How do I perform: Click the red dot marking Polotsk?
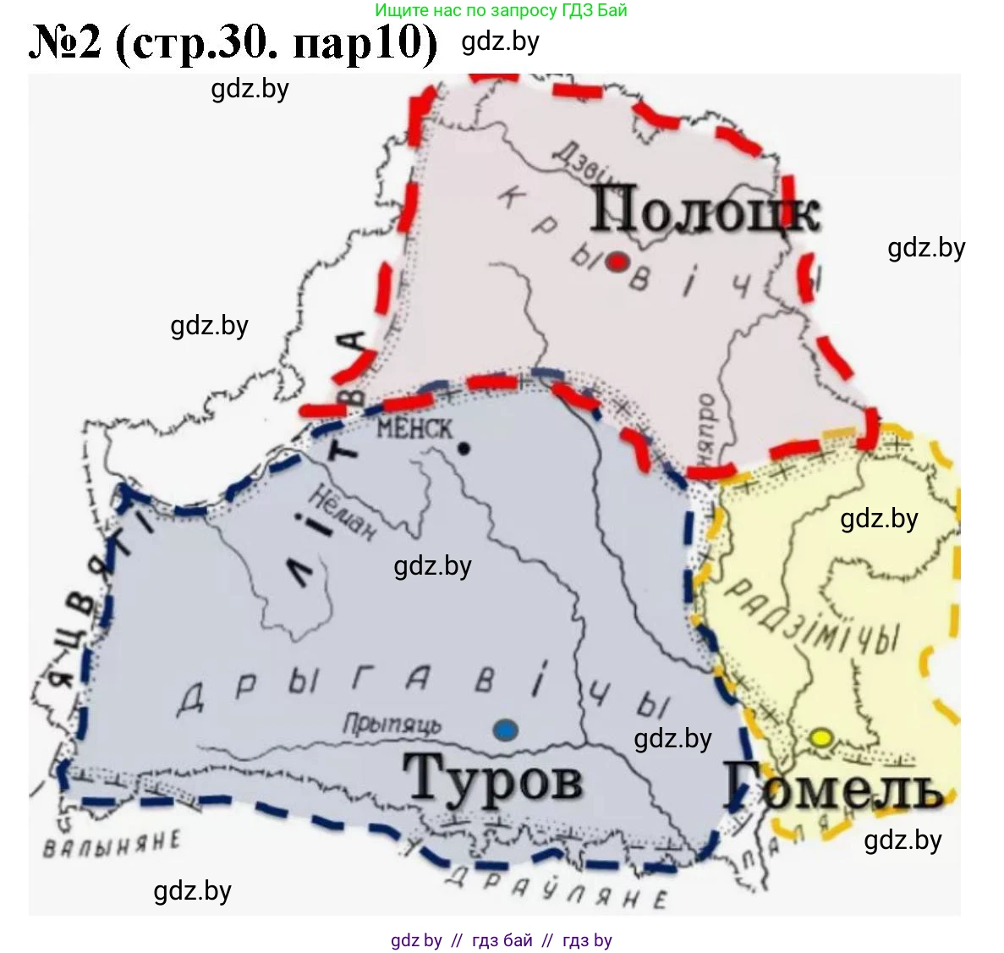[x=618, y=262]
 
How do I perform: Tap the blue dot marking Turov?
[x=505, y=730]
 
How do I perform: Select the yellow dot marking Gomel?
[x=820, y=737]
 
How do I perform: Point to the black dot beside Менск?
[x=464, y=449]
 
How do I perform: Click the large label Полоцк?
[x=704, y=209]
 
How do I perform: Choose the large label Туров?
[x=493, y=778]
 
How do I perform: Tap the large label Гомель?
[x=834, y=785]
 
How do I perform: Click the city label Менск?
[x=414, y=429]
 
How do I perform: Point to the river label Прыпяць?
[x=392, y=725]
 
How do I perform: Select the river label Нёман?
[x=342, y=513]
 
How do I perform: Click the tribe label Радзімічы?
[x=813, y=617]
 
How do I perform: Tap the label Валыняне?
[x=112, y=844]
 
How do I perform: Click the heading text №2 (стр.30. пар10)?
[x=233, y=43]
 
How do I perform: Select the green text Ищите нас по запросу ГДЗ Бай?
[x=501, y=11]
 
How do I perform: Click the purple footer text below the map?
[x=501, y=940]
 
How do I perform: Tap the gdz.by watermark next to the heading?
[x=500, y=41]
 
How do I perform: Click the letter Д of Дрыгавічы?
[x=190, y=701]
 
